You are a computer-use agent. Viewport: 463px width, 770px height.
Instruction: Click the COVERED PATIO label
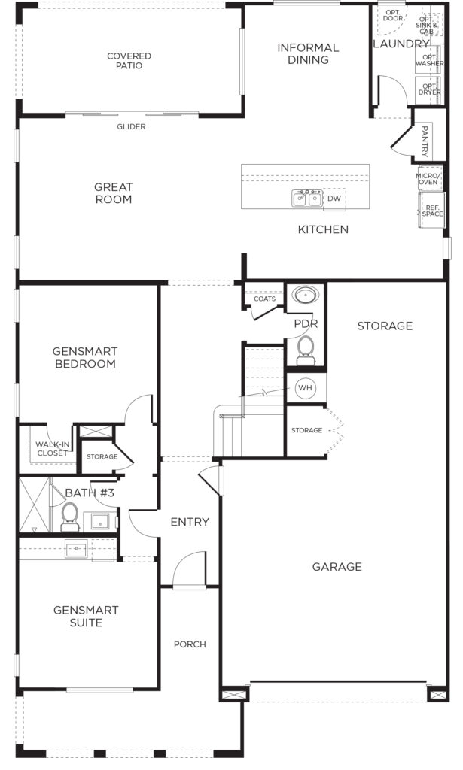(x=129, y=61)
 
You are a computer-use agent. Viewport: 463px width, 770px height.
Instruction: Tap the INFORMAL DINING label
(x=308, y=53)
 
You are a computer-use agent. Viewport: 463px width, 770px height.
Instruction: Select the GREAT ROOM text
(x=114, y=193)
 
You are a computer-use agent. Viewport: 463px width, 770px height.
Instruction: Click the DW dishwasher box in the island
(x=334, y=199)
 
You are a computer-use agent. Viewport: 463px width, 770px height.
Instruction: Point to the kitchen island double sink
(x=307, y=198)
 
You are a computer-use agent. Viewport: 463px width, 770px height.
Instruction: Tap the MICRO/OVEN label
(x=428, y=179)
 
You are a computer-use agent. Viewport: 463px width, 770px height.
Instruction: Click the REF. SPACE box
(x=432, y=211)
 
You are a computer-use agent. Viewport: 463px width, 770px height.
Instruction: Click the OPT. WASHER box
(x=429, y=60)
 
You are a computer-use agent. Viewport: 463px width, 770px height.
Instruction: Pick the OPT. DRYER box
(x=428, y=90)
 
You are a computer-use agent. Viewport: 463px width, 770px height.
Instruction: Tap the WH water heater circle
(x=305, y=388)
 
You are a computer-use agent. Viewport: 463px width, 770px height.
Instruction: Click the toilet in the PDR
(x=306, y=350)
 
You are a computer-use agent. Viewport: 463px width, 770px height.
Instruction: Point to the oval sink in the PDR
(x=306, y=295)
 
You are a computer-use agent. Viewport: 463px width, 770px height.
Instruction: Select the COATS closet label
(x=264, y=299)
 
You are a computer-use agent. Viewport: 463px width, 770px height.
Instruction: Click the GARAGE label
(x=337, y=567)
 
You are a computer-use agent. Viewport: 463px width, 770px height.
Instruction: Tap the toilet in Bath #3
(x=70, y=517)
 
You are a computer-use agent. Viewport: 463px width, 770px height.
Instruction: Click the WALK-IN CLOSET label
(x=53, y=449)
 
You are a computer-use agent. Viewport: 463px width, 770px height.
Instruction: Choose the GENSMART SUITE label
(x=86, y=617)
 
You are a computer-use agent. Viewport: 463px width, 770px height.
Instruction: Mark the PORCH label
(x=190, y=644)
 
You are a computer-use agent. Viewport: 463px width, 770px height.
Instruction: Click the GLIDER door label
(x=131, y=126)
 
